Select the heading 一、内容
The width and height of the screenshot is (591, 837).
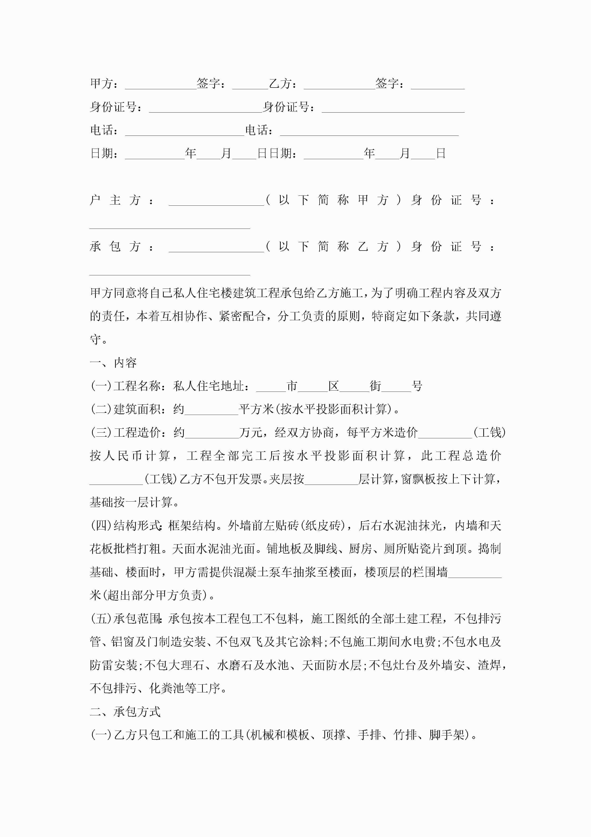113,363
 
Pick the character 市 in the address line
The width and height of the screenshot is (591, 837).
292,386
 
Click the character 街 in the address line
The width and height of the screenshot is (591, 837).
375,386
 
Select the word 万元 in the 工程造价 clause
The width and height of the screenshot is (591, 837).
251,433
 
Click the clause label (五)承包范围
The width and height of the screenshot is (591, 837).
126,619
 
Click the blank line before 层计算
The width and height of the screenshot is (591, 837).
331,481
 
